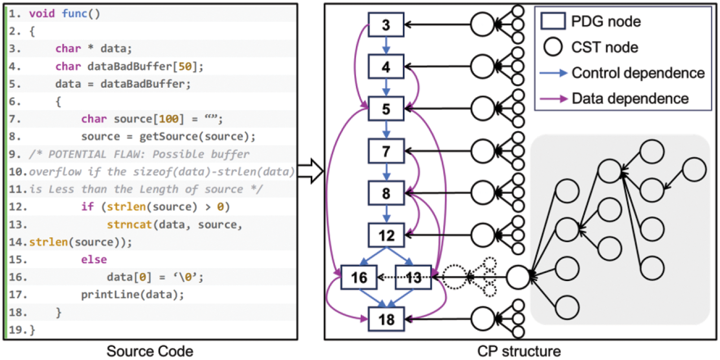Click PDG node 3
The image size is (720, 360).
[x=386, y=24]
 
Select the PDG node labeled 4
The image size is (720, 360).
[x=386, y=67]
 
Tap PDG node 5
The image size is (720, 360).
[x=386, y=109]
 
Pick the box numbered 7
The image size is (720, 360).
[x=386, y=151]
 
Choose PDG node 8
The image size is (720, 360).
[x=386, y=193]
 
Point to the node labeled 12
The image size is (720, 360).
[x=386, y=235]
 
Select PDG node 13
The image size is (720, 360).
[x=414, y=277]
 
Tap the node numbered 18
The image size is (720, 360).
[x=386, y=319]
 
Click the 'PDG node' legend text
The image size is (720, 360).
[x=606, y=22]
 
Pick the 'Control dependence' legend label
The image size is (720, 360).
[x=638, y=73]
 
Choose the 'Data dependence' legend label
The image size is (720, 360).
[x=630, y=98]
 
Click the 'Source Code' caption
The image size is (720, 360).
[x=150, y=351]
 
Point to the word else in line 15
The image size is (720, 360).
[x=94, y=259]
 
